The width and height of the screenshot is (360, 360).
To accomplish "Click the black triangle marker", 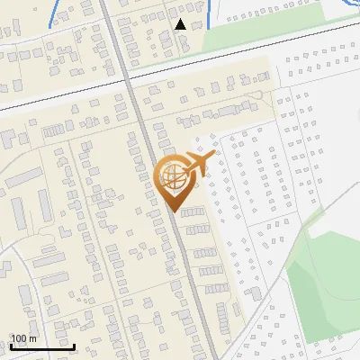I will tap(181, 24).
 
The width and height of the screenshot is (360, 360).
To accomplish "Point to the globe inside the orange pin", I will tap(173, 175).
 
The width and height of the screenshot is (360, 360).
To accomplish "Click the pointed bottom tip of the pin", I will tap(174, 211).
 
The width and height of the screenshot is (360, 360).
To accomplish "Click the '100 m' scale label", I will tap(23, 337).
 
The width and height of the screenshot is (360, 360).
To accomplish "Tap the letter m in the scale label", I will tap(33, 337).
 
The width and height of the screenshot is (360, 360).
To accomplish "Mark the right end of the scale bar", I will tap(74, 346).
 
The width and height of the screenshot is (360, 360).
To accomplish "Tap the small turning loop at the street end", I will tap(258, 94).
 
